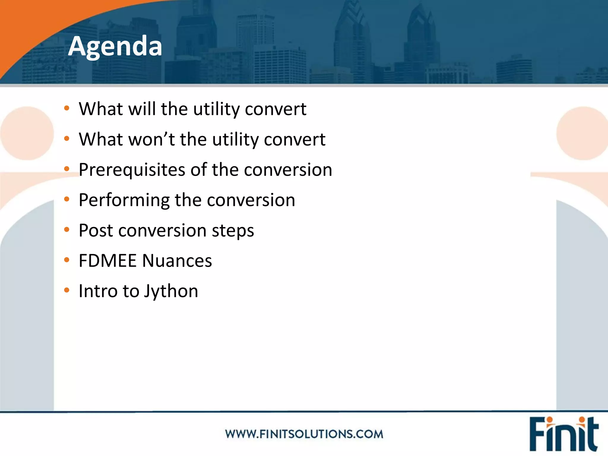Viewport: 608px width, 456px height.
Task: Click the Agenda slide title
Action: [x=115, y=46]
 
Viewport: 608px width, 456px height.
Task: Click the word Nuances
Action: [x=177, y=261]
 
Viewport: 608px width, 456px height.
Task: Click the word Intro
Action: [x=98, y=291]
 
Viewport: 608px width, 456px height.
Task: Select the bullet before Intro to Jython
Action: [x=66, y=290]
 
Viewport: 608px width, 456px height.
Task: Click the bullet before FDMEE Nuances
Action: [x=66, y=260]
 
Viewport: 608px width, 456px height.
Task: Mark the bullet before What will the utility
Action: [x=66, y=108]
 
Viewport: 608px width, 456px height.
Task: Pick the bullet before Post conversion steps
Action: [x=66, y=229]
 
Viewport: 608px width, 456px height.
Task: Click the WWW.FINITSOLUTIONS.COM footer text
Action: [x=304, y=434]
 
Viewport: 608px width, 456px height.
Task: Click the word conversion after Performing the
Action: [x=251, y=200]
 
